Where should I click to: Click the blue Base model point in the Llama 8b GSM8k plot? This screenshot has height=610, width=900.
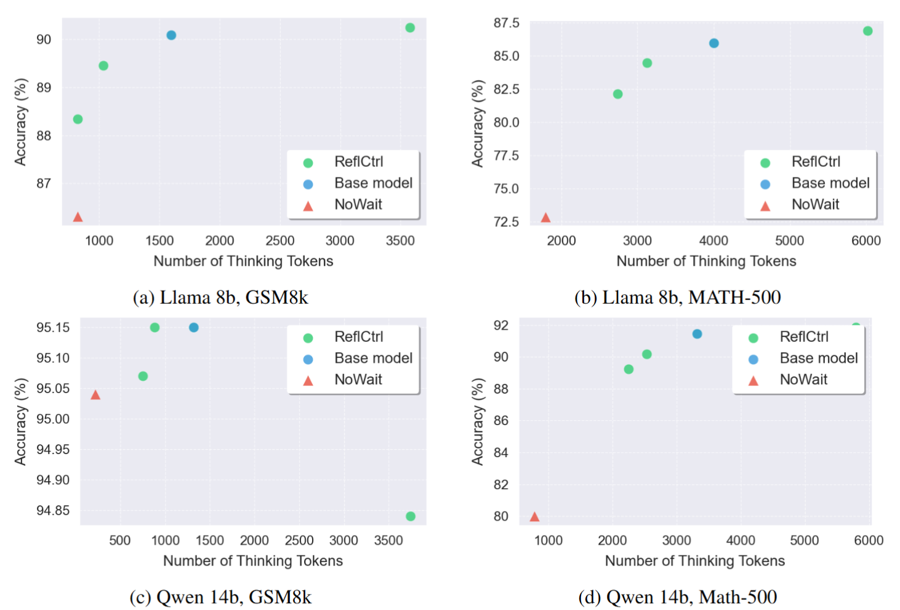pos(171,35)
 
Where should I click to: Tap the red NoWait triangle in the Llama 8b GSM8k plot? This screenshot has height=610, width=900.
pos(78,217)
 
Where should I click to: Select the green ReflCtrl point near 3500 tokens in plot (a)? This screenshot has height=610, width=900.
pos(410,28)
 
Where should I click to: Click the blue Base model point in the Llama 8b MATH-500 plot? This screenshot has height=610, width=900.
pos(714,43)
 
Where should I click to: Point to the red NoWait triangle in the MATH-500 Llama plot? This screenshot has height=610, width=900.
pos(545,218)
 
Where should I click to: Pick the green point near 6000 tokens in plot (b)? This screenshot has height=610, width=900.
pos(867,31)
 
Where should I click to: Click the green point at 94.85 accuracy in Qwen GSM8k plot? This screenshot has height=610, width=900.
pos(411,516)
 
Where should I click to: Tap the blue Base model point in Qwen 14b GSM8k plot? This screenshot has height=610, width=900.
pos(194,327)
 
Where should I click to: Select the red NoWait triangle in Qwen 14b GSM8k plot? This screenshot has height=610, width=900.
pos(95,395)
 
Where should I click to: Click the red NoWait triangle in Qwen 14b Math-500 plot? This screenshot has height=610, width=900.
pos(534,517)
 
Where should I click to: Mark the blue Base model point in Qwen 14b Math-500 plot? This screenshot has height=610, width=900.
pos(697,334)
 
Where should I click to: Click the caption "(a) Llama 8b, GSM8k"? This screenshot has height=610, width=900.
pos(220,298)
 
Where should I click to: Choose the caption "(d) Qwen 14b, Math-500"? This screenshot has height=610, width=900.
pos(678,597)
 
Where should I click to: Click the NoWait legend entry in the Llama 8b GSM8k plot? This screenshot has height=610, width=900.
pos(358,205)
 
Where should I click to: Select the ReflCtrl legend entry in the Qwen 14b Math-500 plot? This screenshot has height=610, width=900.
pos(803,337)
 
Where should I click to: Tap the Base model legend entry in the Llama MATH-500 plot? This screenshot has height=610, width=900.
pos(830,183)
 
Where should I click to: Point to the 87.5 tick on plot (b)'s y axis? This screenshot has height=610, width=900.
pos(507,23)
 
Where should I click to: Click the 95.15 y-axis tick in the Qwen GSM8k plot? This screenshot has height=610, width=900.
pos(53,327)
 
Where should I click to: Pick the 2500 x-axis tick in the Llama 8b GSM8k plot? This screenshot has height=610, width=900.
pos(280,241)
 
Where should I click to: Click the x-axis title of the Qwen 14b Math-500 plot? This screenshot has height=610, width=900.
pos(695,561)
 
